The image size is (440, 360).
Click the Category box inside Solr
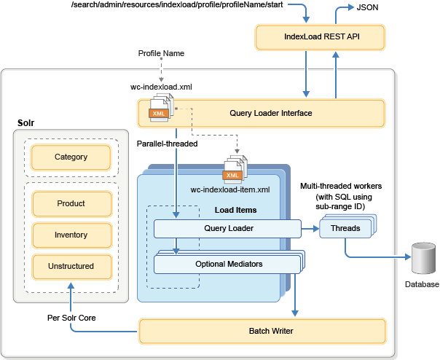click(x=71, y=157)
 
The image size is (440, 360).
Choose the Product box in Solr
click(x=71, y=203)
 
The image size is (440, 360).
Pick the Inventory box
click(x=71, y=235)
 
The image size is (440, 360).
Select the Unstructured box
click(x=71, y=266)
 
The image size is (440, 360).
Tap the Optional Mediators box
click(x=229, y=263)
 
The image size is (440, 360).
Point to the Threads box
click(x=345, y=229)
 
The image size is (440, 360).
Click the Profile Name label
click(x=160, y=54)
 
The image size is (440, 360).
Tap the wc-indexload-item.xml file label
click(x=230, y=189)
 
